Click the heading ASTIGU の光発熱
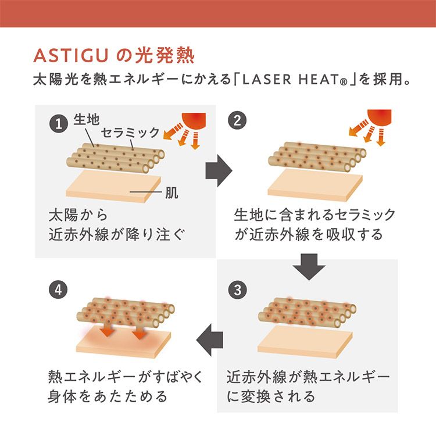coord(113,56)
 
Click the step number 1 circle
coord(59,123)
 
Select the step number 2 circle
coord(237,120)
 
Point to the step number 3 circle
coord(237,290)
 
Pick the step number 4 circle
coord(58,290)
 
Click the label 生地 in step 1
coord(87,120)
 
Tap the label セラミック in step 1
coord(130,133)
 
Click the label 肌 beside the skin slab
coord(172,192)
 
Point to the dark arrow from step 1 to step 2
coord(219,170)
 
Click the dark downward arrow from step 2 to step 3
coord(309,266)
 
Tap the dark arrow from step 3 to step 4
coord(210,340)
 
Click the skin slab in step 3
coord(305,341)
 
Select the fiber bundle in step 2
coord(317,156)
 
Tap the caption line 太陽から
coord(78,216)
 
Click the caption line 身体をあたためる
coord(108,396)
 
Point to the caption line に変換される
coord(271,396)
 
